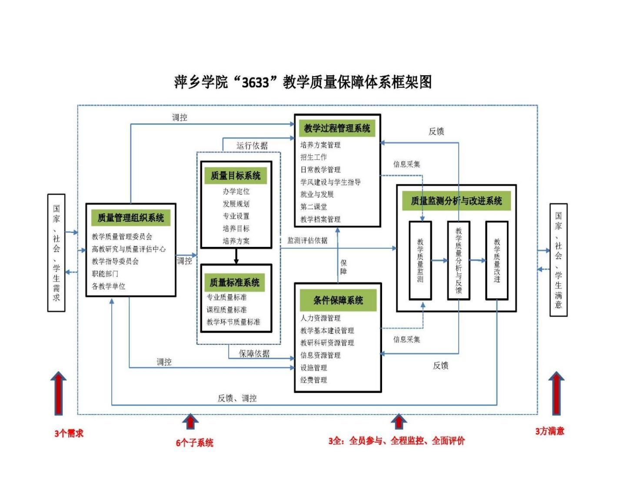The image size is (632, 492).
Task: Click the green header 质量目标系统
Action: tap(235, 176)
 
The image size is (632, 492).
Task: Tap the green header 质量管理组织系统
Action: tap(130, 218)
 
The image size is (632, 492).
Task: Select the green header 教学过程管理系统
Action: tap(337, 128)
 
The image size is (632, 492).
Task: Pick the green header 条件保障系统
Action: tap(338, 300)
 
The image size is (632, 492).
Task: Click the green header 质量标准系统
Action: tap(235, 283)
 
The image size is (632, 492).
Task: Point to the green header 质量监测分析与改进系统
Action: tap(456, 201)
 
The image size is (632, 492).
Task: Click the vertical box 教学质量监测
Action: tap(420, 260)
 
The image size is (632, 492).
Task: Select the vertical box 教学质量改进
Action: tap(496, 260)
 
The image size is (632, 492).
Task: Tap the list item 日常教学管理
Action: tap(320, 170)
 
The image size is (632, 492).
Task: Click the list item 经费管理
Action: tap(313, 380)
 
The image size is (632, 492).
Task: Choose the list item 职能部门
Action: tap(105, 274)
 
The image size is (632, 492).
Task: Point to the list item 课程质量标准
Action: tap(226, 309)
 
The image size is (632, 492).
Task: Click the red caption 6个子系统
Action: tap(194, 443)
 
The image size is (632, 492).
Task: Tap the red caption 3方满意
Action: tap(549, 431)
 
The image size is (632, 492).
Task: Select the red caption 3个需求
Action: tap(69, 433)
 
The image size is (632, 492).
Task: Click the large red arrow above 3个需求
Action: tap(58, 393)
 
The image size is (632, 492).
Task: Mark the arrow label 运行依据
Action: tap(252, 146)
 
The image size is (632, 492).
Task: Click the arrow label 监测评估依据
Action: tap(307, 240)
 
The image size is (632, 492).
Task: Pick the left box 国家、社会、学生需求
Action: tap(56, 253)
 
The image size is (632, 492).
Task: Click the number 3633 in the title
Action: tap(255, 82)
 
